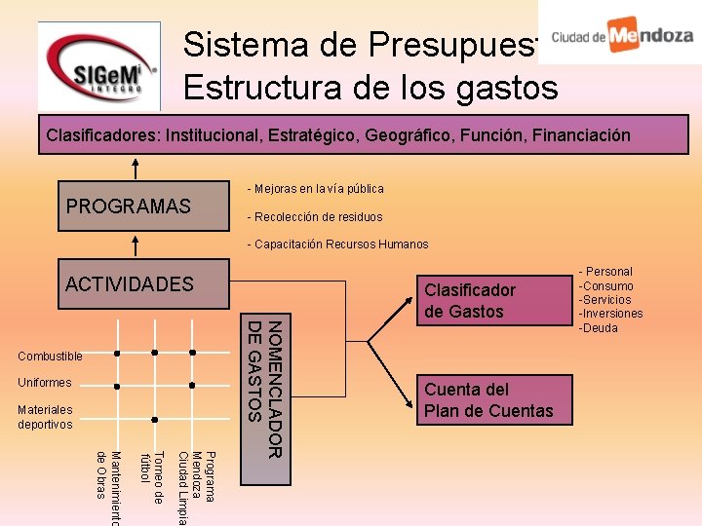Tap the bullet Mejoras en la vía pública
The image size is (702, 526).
316,188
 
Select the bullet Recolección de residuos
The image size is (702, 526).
315,216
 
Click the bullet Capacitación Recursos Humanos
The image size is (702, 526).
337,244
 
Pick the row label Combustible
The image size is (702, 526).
51,357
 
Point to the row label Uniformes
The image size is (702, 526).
45,383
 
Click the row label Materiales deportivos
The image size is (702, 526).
46,417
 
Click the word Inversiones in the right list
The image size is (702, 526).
614,314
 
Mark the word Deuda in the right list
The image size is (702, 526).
601,327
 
